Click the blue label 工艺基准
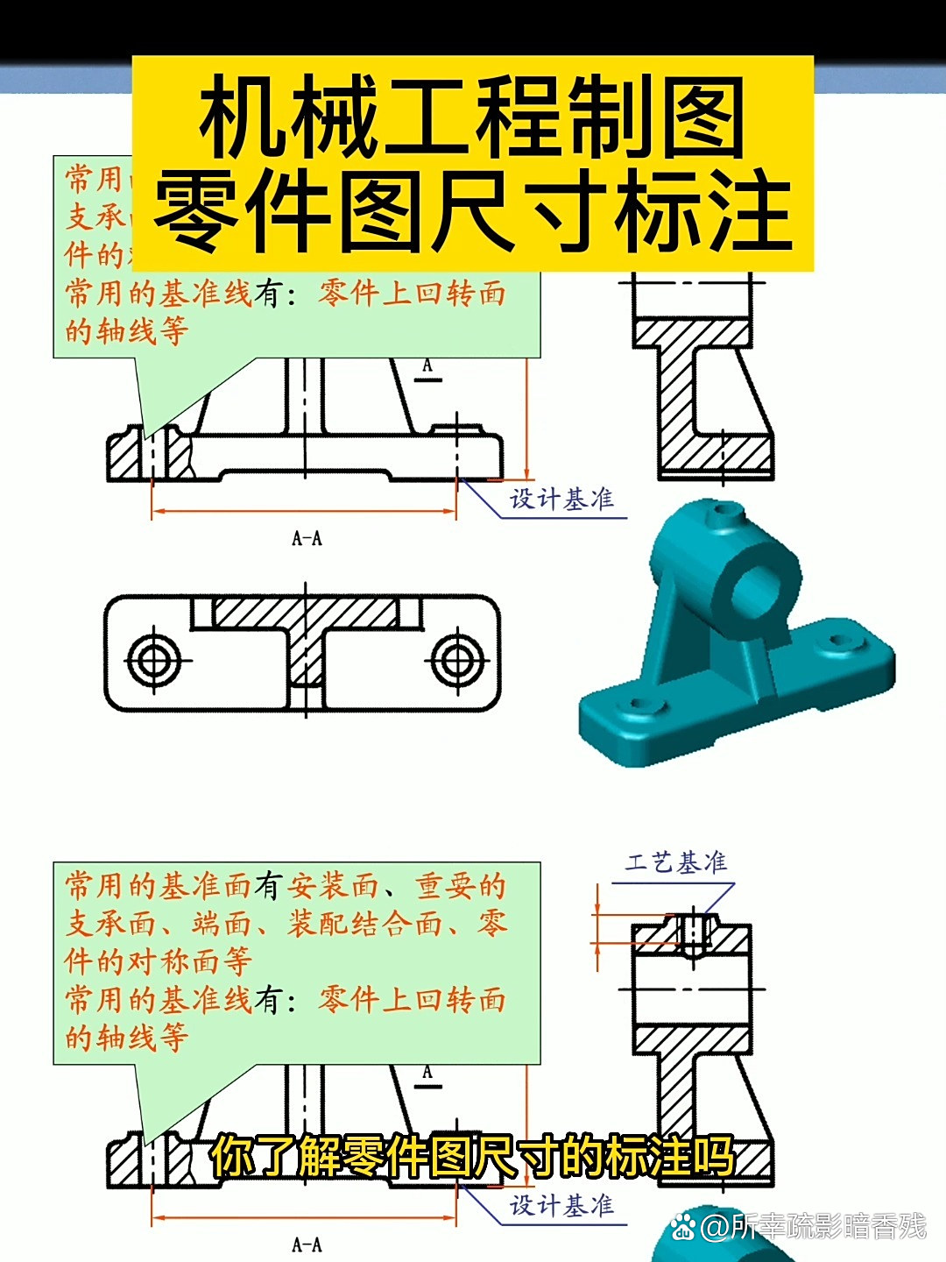675,863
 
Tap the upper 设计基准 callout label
561,500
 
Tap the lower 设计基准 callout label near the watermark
561,1206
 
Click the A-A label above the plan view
307,538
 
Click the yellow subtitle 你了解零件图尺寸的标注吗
472,1156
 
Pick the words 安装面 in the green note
333,886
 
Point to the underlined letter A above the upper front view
427,366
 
